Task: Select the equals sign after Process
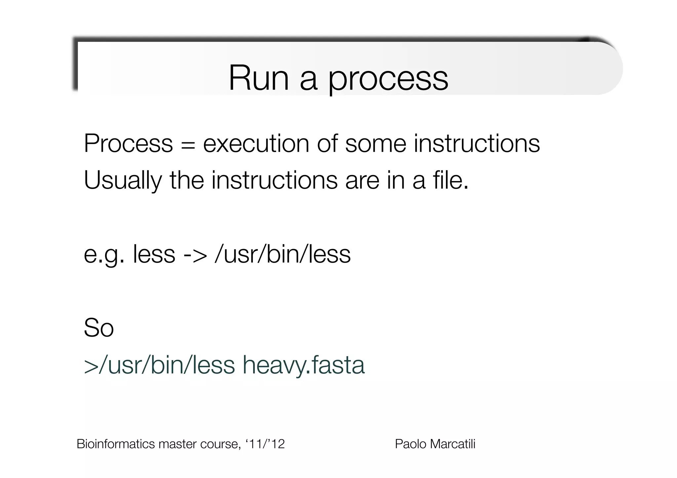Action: pos(188,144)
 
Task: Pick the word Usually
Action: pos(123,181)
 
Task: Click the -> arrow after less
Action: pos(195,255)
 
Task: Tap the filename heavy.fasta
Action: pos(303,366)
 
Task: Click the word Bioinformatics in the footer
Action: pos(116,444)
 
